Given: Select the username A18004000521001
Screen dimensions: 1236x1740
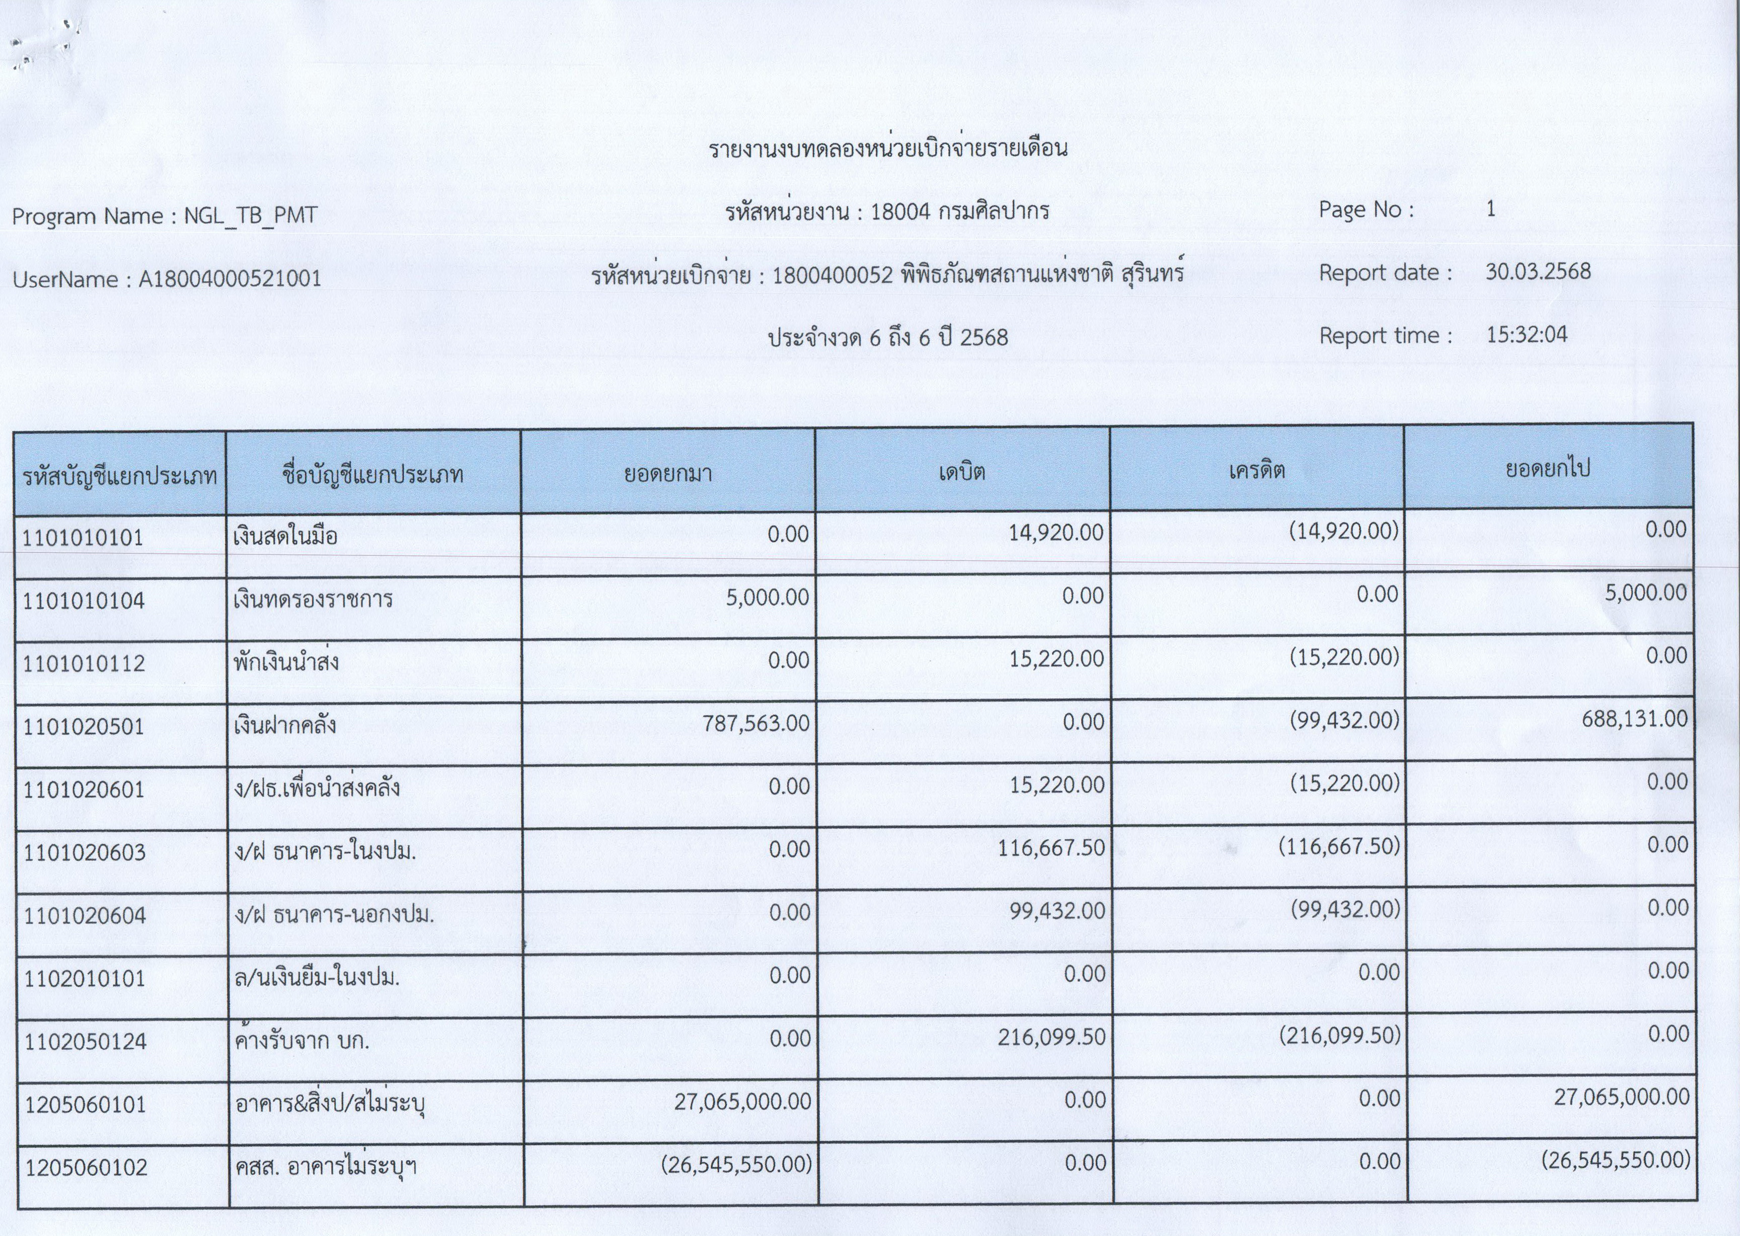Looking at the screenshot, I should pyautogui.click(x=230, y=279).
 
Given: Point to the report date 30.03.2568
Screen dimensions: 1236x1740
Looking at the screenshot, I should pyautogui.click(x=1538, y=272).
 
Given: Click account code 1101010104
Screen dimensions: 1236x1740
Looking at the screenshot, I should pyautogui.click(x=84, y=601).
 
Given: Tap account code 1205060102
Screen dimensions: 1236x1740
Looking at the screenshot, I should pyautogui.click(x=86, y=1168).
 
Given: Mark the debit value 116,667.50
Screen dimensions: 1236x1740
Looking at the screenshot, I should pyautogui.click(x=1051, y=848).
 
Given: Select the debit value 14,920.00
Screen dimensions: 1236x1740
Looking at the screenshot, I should pyautogui.click(x=1055, y=533).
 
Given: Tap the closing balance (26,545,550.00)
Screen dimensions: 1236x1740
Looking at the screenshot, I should pyautogui.click(x=1615, y=1160).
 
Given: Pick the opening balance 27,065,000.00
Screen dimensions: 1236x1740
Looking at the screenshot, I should pyautogui.click(x=742, y=1101).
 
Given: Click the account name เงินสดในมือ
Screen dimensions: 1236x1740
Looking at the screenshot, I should pyautogui.click(x=285, y=537).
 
